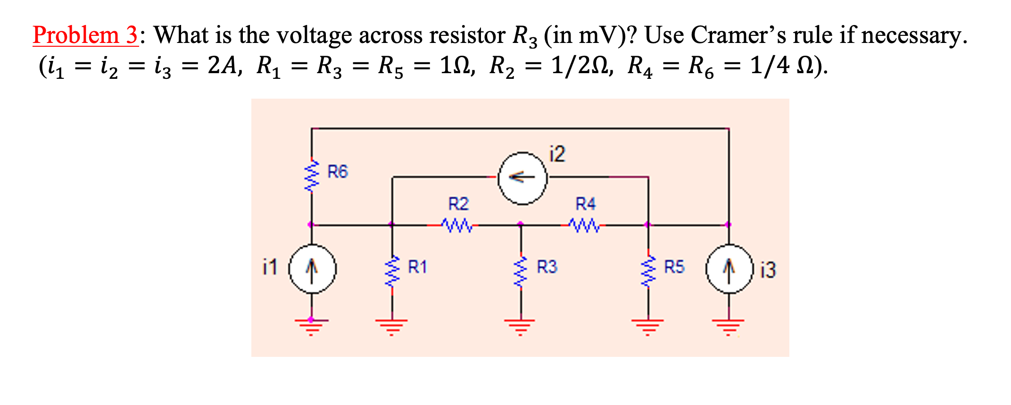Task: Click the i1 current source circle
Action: tap(312, 269)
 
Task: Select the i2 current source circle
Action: tap(523, 178)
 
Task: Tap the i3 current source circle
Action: tap(729, 269)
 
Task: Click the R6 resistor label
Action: tap(338, 171)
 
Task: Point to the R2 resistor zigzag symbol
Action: tap(456, 225)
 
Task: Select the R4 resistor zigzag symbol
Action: tap(584, 225)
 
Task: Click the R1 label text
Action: tap(417, 267)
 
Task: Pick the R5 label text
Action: tap(674, 267)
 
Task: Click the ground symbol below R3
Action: tap(521, 325)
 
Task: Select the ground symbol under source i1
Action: tap(311, 325)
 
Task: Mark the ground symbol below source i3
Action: tap(729, 325)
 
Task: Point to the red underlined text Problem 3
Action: tap(85, 35)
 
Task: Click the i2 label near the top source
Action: tap(557, 154)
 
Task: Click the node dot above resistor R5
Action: tap(648, 225)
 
